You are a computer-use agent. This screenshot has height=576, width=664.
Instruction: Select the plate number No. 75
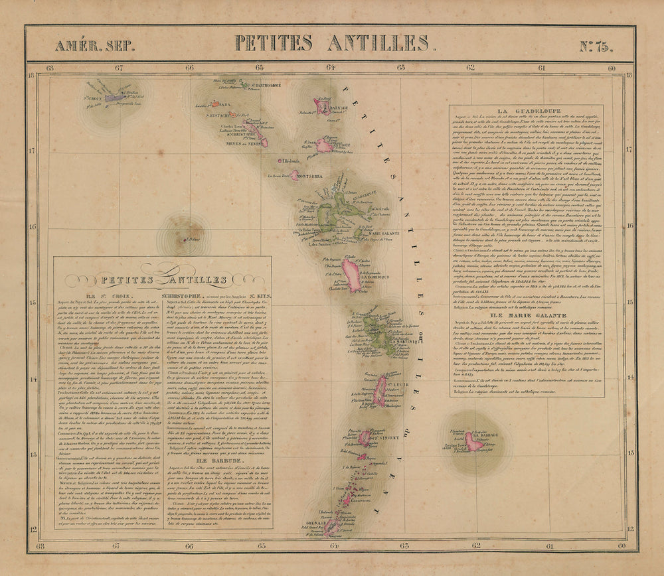[595, 45]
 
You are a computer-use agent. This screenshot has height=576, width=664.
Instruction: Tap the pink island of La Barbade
[474, 442]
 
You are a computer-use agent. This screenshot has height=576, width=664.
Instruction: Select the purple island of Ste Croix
[114, 98]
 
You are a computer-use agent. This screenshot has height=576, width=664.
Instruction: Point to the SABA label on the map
[224, 104]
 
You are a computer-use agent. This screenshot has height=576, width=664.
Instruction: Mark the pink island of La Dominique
[351, 275]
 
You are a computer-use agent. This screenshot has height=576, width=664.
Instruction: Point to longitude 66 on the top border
[190, 67]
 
